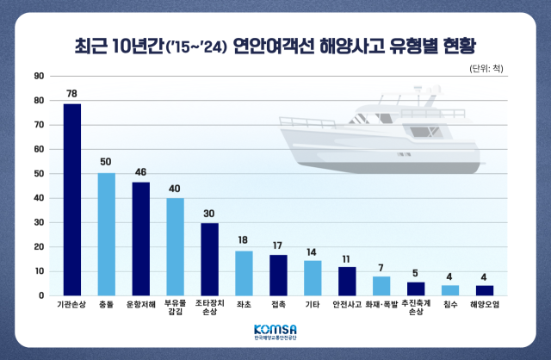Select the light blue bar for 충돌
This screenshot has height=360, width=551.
click(x=106, y=234)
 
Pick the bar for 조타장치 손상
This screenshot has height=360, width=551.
click(x=209, y=258)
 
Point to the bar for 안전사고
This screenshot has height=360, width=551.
click(x=347, y=281)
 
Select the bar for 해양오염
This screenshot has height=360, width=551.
click(x=485, y=290)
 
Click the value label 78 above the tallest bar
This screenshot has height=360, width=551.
click(x=71, y=93)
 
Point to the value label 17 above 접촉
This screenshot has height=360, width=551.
click(x=278, y=244)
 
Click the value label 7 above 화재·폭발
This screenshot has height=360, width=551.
click(x=381, y=267)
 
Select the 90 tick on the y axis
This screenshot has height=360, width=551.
click(x=39, y=76)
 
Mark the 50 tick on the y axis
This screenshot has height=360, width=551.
click(x=39, y=174)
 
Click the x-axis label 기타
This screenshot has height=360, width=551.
click(x=313, y=304)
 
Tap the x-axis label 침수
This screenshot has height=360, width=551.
click(x=450, y=304)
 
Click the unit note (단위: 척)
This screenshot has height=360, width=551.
click(x=488, y=68)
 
